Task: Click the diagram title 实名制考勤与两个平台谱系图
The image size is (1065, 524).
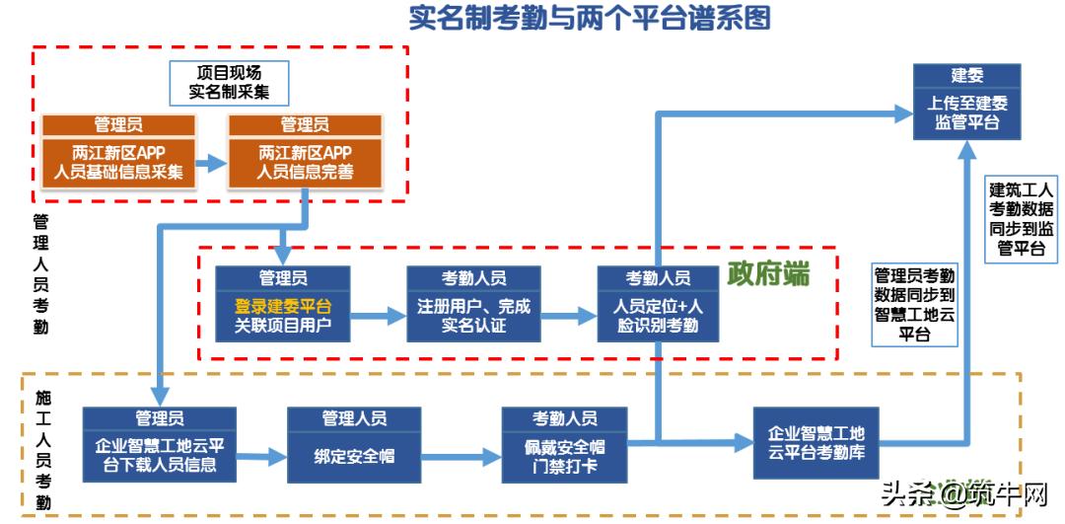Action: [590, 18]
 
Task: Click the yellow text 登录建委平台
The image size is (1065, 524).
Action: [282, 306]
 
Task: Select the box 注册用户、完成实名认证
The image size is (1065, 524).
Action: [473, 316]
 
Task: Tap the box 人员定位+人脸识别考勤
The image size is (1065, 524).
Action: [658, 316]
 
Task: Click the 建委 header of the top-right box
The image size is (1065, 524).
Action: [966, 76]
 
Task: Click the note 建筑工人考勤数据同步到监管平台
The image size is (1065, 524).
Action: [1022, 219]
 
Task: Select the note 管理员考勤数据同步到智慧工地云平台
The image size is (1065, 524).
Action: [914, 305]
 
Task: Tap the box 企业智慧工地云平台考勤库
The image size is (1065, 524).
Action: [816, 441]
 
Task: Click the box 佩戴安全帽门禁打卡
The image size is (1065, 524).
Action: [564, 455]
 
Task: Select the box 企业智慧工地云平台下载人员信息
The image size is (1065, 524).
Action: [159, 455]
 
